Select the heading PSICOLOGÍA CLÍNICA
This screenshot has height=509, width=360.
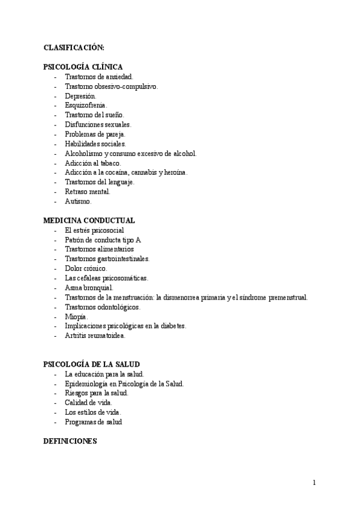point(83,67)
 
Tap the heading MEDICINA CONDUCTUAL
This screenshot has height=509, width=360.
point(89,221)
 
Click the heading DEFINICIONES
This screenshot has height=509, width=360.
point(70,441)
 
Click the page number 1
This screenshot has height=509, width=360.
point(314,482)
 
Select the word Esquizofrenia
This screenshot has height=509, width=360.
point(86,106)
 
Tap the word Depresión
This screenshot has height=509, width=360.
point(80,96)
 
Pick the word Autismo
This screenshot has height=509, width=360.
point(78,202)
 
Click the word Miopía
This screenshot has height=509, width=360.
point(76,316)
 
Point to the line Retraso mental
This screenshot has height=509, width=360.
point(88,192)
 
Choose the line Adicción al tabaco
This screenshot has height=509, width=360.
point(93,163)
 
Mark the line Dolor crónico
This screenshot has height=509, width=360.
point(86,268)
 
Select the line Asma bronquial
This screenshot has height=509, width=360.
point(89,288)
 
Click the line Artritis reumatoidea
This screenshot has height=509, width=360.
point(95,336)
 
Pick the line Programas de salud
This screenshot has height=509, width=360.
point(93,422)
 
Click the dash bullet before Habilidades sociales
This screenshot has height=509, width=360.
point(55,144)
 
